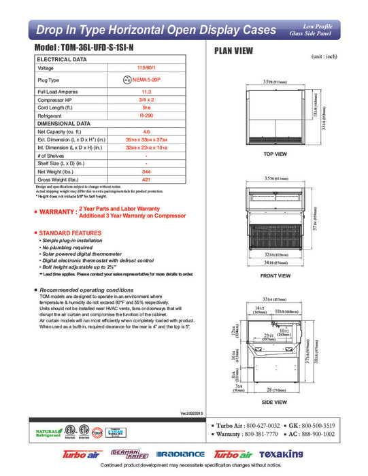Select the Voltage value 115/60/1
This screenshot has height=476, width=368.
click(146, 68)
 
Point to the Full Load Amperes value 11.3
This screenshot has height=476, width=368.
click(146, 91)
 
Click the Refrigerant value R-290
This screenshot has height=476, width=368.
click(146, 116)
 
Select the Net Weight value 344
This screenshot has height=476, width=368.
click(146, 173)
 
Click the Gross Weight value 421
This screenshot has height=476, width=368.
click(146, 181)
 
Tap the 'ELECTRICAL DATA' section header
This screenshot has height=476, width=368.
click(62, 60)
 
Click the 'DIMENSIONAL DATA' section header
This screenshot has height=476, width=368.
click(63, 124)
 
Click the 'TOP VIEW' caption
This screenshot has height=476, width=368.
click(276, 154)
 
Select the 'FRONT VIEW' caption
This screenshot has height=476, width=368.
click(275, 275)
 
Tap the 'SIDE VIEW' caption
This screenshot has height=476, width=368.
click(275, 403)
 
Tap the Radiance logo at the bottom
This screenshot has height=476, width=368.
click(180, 454)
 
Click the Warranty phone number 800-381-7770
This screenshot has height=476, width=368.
click(258, 433)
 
